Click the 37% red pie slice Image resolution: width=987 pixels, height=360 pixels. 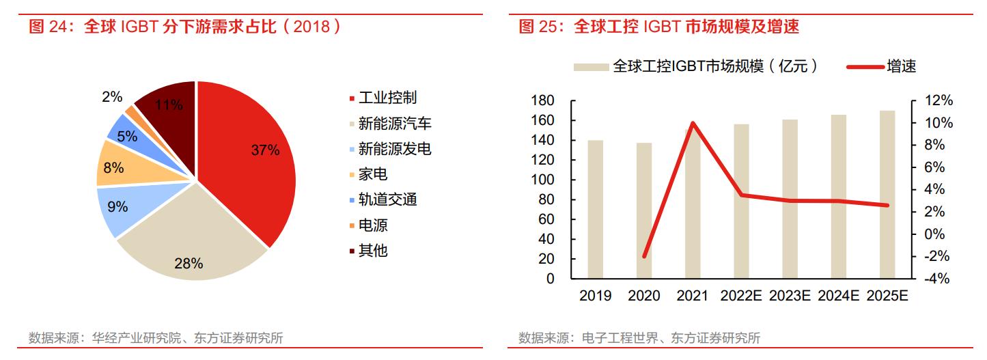coord(253,157)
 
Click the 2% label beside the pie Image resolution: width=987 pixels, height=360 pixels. coord(112,97)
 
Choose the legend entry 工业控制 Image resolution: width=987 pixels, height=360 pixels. coord(387,98)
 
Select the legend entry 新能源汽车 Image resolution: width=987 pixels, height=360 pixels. coord(394,124)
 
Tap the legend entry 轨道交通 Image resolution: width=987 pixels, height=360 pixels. coord(387,199)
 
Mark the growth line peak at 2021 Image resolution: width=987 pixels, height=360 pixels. coord(693,124)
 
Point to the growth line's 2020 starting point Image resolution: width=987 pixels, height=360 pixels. coord(644,256)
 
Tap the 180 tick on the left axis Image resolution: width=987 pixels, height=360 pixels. coord(542,101)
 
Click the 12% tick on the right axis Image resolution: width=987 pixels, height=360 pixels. coord(939,101)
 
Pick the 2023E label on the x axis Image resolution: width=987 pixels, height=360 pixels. coord(790,296)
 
